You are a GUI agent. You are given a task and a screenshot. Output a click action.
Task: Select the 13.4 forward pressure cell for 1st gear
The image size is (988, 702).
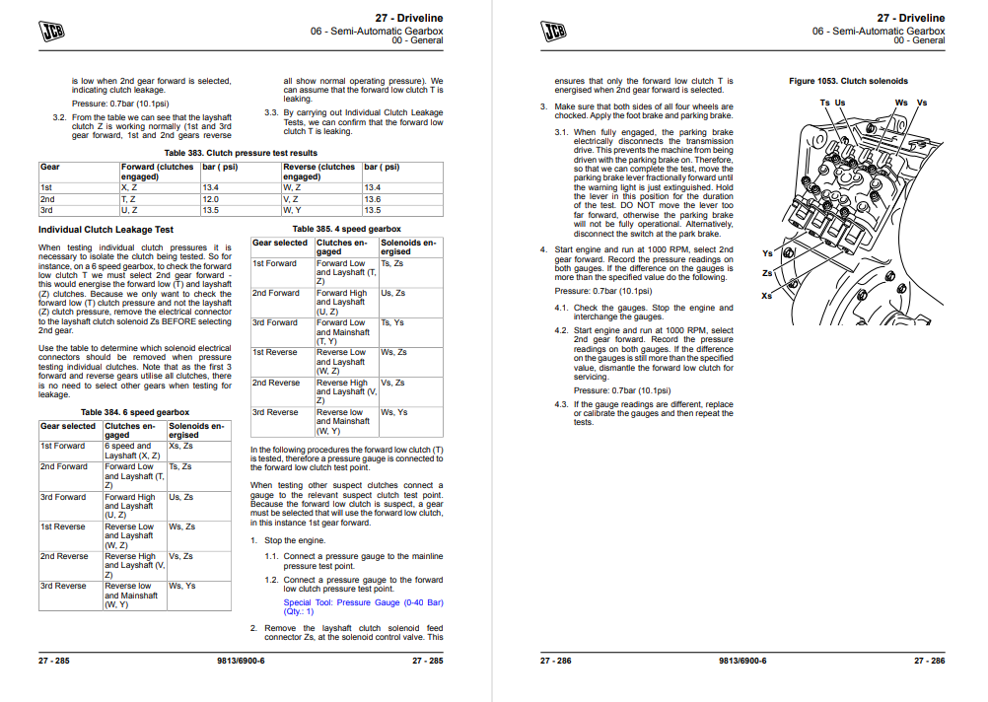[212, 187]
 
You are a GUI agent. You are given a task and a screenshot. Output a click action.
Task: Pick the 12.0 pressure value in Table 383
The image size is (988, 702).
[212, 199]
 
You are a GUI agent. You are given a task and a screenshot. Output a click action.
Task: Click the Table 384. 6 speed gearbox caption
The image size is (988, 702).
[134, 412]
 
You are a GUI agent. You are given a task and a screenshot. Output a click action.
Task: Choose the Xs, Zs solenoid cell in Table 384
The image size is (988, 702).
[181, 446]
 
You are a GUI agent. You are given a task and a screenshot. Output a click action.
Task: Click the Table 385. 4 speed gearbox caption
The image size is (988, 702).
[347, 228]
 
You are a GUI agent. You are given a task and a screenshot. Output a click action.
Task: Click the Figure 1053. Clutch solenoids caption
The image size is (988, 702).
[848, 81]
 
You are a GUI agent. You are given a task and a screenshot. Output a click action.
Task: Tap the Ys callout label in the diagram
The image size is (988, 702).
[767, 253]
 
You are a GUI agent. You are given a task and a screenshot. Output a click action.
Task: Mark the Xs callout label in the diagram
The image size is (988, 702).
[767, 296]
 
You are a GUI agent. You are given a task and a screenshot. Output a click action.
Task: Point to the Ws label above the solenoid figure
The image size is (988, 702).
[901, 103]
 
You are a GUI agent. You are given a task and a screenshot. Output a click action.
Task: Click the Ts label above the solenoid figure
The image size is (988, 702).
[824, 103]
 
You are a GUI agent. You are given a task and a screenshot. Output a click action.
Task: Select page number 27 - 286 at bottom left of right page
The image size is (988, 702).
[555, 660]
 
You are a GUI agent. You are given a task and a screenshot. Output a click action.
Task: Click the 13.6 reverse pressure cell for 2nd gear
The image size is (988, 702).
[373, 199]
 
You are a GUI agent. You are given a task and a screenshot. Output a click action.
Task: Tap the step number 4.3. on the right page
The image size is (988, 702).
[561, 404]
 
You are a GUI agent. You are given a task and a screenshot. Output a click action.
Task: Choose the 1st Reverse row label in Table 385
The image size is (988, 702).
[275, 352]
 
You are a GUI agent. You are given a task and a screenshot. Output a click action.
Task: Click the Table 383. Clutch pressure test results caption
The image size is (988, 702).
[241, 153]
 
